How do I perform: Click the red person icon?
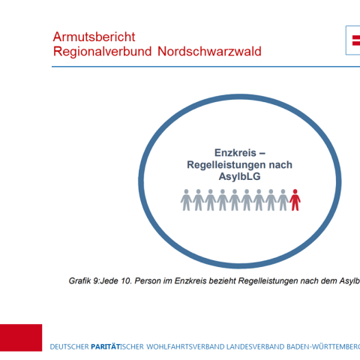(x=295, y=199)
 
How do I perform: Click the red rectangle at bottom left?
(x=21, y=337)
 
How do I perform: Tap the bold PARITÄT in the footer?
(x=106, y=346)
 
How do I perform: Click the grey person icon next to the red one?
(x=283, y=199)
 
